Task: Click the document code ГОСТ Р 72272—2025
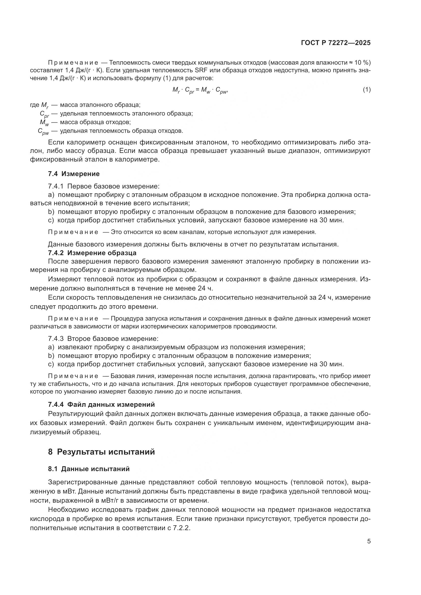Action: (336, 43)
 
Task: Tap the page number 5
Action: (369, 541)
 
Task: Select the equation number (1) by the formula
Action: (367, 90)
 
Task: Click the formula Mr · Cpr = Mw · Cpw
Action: (200, 90)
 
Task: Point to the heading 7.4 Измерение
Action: (74, 174)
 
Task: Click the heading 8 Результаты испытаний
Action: (101, 452)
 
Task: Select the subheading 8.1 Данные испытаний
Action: (89, 469)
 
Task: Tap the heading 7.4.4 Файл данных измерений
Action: (101, 404)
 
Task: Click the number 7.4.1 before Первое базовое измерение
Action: (55, 186)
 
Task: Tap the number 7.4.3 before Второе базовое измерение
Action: (55, 339)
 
